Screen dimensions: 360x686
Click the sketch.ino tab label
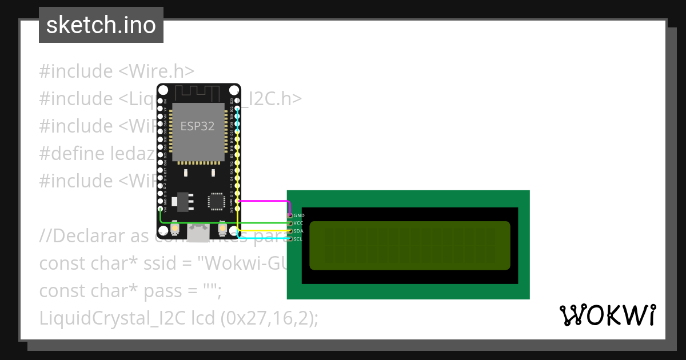[101, 25]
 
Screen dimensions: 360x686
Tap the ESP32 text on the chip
[197, 126]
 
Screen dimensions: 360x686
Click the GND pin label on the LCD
[299, 215]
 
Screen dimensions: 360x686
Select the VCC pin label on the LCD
[299, 223]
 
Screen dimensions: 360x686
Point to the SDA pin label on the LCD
[298, 231]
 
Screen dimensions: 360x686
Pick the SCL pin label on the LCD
[298, 239]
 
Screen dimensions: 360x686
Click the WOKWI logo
[607, 315]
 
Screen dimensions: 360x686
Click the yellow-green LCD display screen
[409, 246]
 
